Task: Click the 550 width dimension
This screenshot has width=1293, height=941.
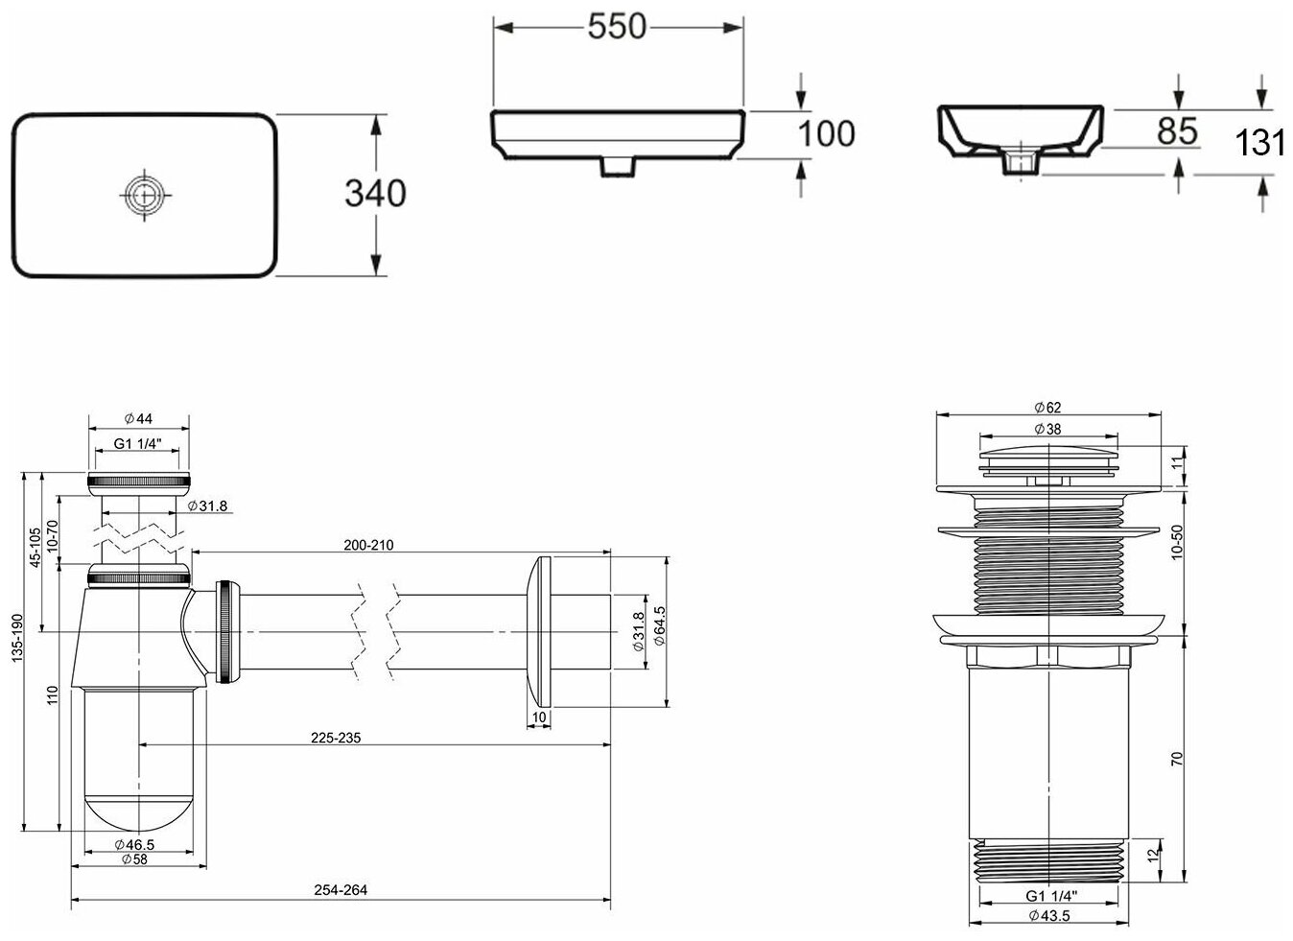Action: click(x=617, y=27)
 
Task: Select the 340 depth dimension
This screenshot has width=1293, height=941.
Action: click(x=375, y=193)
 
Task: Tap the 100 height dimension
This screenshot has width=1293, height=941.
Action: click(x=826, y=133)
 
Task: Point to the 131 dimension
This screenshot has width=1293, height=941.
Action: click(x=1260, y=142)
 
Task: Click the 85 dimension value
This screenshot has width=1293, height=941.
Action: click(x=1177, y=130)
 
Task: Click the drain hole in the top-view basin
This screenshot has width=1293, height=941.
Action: click(x=144, y=194)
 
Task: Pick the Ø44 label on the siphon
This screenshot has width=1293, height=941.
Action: click(x=138, y=418)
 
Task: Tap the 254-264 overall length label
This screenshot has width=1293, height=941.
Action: click(x=341, y=890)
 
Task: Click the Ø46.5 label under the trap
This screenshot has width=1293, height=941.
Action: click(x=134, y=844)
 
